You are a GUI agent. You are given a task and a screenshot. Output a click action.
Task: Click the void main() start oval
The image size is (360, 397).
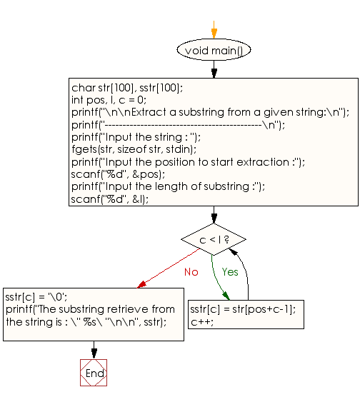coord(214,51)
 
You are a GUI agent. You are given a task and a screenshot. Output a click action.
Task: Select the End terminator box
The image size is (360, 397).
coord(94,373)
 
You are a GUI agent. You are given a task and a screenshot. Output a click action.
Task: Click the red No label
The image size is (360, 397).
coord(191,272)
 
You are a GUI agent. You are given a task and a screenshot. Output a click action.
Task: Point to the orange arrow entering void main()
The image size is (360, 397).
coord(214,31)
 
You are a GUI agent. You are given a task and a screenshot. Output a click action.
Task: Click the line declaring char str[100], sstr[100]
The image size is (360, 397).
coord(127,87)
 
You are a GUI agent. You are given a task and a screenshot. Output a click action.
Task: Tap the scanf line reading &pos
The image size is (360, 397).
coord(118,174)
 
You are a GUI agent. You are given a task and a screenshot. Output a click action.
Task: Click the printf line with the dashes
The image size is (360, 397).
coord(178,124)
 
